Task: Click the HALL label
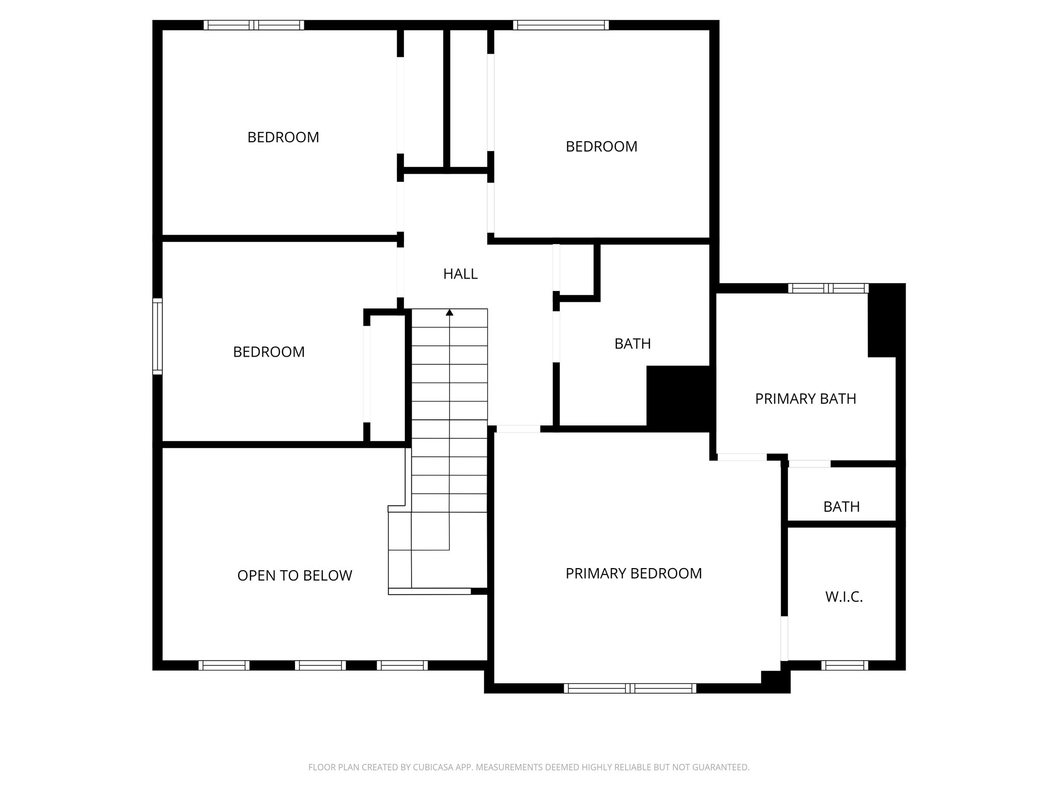(x=460, y=274)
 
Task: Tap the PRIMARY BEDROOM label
(x=633, y=573)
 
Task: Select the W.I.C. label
(x=844, y=597)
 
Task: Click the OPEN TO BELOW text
(x=294, y=575)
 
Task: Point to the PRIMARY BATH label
(x=805, y=399)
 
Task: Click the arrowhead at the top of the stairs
(x=449, y=312)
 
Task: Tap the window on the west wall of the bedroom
(x=157, y=336)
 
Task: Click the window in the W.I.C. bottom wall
(x=845, y=665)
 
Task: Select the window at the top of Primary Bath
(x=828, y=288)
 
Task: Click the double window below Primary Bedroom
(x=630, y=688)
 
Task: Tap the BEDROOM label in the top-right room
(x=601, y=147)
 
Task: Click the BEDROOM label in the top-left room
(x=283, y=138)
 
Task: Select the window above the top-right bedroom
(x=561, y=25)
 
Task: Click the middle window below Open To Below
(x=320, y=665)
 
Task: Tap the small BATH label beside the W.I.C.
(x=842, y=507)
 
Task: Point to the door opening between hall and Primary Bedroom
(x=518, y=429)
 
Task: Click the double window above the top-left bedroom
(x=254, y=25)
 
